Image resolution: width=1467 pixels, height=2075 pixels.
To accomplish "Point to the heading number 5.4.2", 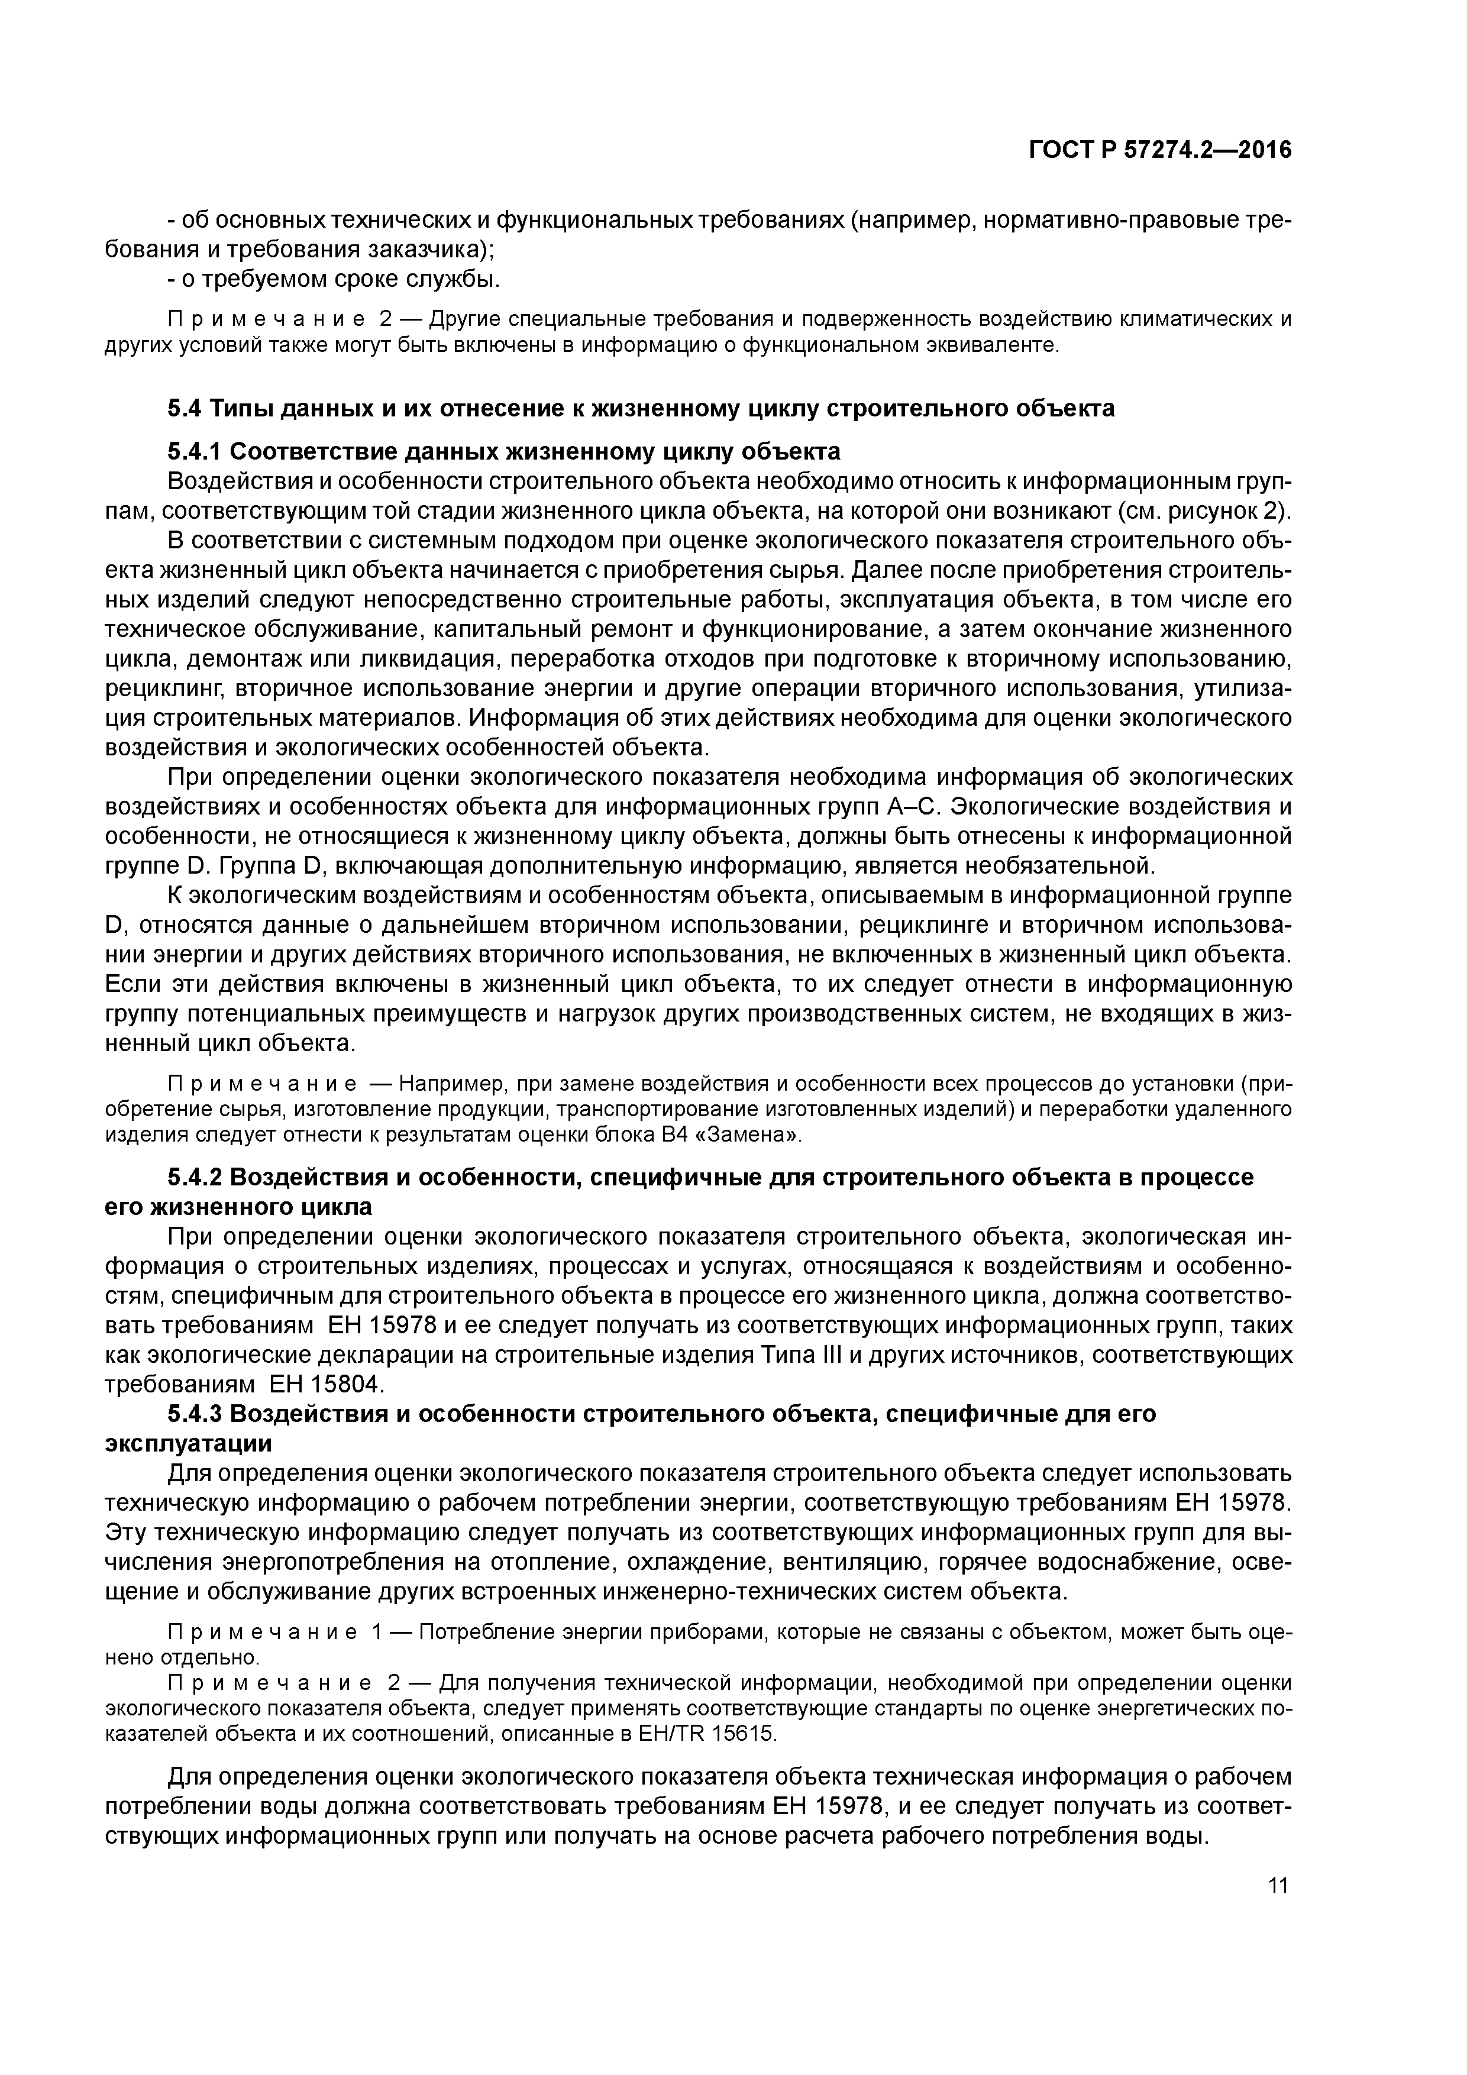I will [196, 1178].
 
